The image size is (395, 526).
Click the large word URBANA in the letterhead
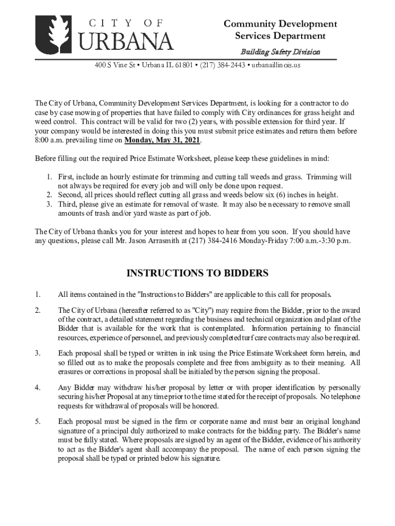pos(125,41)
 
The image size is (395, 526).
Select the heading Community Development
pos(280,24)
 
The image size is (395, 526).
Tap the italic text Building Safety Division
pos(280,52)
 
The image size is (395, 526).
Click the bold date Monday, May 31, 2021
pos(163,140)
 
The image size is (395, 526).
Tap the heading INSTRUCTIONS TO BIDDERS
pos(197,274)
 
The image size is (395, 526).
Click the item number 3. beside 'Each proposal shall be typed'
pos(37,353)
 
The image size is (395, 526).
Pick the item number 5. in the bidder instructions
pos(37,422)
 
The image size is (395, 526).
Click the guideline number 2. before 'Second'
pos(49,195)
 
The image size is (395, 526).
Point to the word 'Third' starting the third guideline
pos(67,204)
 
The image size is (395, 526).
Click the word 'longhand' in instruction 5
pos(346,422)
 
